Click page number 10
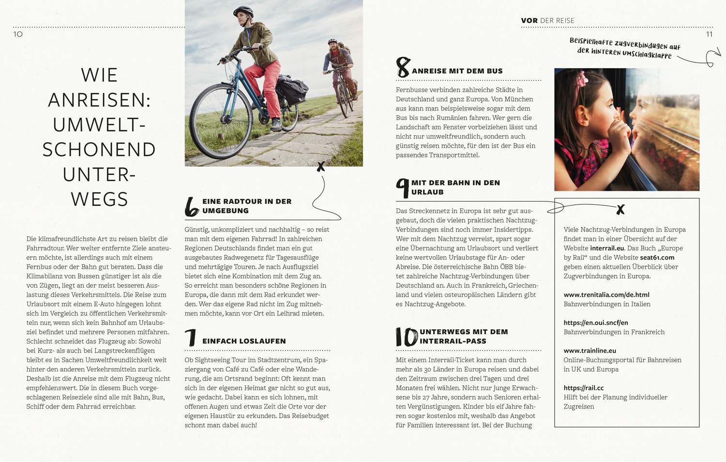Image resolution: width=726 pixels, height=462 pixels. coord(18,34)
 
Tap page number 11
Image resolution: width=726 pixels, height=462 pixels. coord(709,34)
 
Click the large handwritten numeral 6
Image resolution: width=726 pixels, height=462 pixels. coord(192,207)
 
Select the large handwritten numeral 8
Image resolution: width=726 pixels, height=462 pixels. coord(403,68)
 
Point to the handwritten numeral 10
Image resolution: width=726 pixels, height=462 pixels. coord(407,337)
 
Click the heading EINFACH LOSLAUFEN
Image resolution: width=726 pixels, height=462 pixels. coord(244,341)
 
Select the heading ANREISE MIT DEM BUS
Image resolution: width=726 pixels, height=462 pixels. coord(457,71)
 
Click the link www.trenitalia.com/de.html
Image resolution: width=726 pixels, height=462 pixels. coord(606,294)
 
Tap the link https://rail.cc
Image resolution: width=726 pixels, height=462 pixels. coord(583,388)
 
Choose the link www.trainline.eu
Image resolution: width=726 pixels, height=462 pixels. coord(590,351)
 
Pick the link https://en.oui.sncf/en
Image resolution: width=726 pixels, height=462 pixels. coord(595,323)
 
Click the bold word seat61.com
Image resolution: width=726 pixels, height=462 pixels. coord(657,258)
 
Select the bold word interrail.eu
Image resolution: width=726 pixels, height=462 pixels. coord(607,248)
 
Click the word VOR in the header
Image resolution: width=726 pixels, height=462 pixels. coord(529,21)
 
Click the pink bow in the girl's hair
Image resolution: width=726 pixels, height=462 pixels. coord(581,78)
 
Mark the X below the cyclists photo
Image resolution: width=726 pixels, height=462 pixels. coord(320,167)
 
